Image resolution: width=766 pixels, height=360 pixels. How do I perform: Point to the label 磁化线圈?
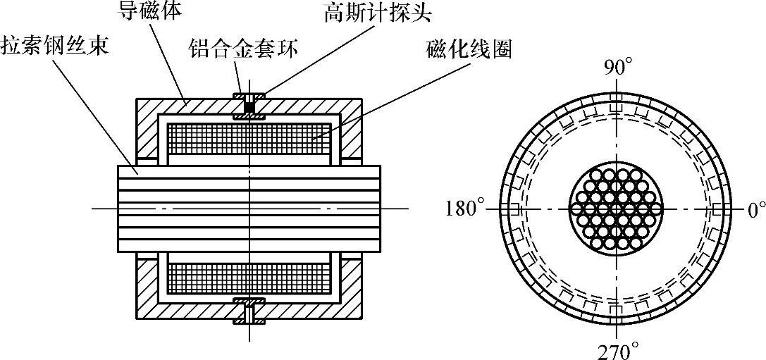click(x=467, y=51)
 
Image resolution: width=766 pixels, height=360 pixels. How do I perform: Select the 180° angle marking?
click(x=466, y=210)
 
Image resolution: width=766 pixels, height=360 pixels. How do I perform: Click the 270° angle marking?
click(x=617, y=349)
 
